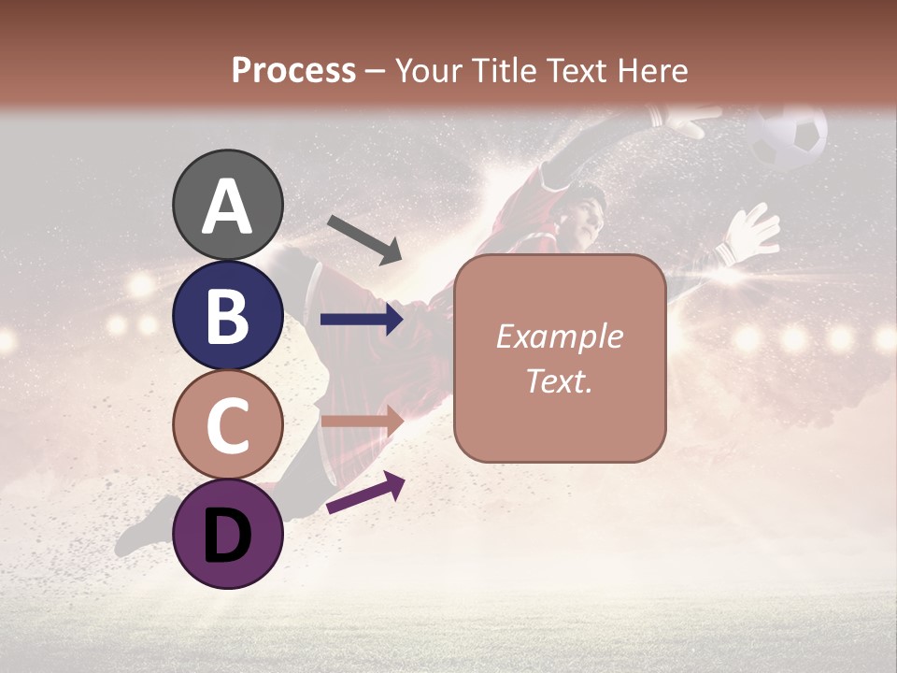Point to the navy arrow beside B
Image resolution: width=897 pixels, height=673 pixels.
point(362,320)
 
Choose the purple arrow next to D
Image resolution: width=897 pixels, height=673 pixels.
point(365,493)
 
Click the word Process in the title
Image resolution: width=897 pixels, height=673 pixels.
point(293,70)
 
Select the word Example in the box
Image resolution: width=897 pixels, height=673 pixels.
point(559,336)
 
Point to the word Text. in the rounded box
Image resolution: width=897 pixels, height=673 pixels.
point(559,381)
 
